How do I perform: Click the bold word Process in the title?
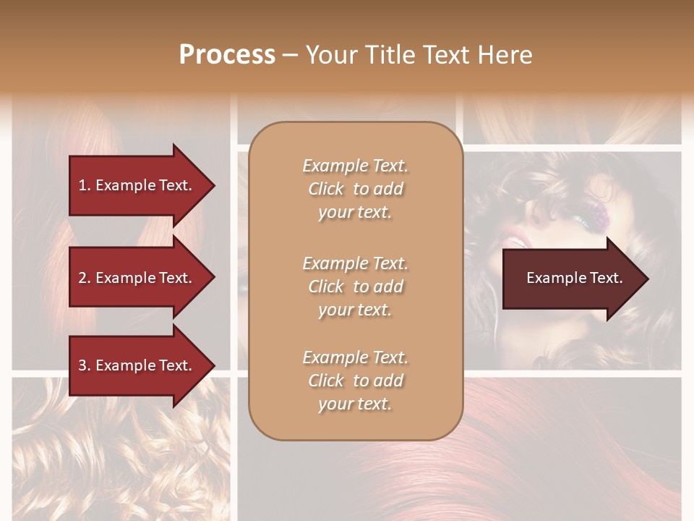tap(227, 55)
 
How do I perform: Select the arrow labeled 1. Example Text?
tap(137, 185)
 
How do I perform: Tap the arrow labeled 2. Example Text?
tap(137, 278)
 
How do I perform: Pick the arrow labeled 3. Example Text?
tap(137, 365)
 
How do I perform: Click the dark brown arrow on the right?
tap(571, 279)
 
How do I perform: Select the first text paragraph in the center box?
tap(355, 189)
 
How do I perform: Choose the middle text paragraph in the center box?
tap(355, 287)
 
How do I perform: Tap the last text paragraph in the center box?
tap(355, 381)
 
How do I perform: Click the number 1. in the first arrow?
tap(85, 185)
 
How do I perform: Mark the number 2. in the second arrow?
tap(85, 278)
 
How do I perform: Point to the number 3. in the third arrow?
tap(85, 365)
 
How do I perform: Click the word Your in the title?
tap(330, 55)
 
